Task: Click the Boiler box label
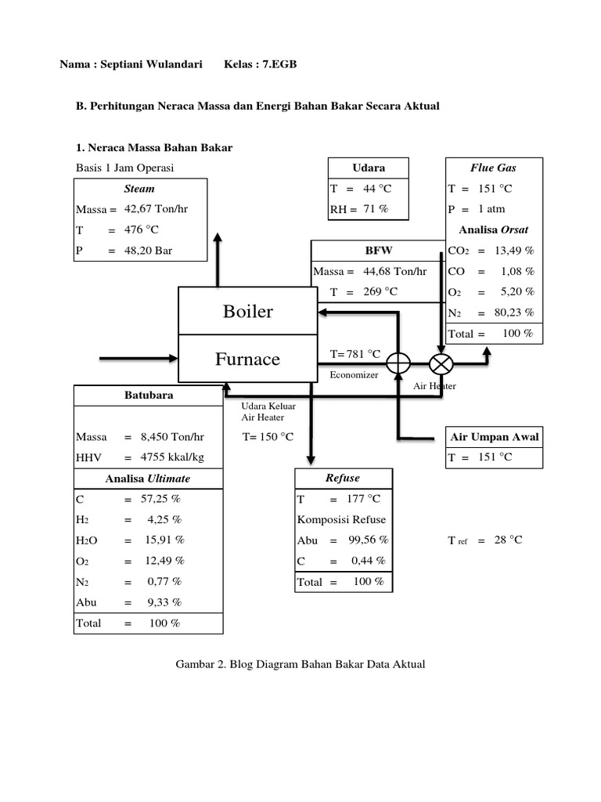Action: (x=248, y=312)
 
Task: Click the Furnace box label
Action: (x=247, y=359)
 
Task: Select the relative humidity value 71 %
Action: (x=374, y=209)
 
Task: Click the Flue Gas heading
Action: (x=492, y=168)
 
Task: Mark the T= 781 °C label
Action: (x=355, y=354)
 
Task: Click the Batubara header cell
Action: (x=149, y=396)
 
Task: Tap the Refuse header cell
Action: (x=342, y=478)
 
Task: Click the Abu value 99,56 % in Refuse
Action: (x=365, y=540)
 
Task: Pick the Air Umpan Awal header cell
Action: (x=495, y=436)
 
